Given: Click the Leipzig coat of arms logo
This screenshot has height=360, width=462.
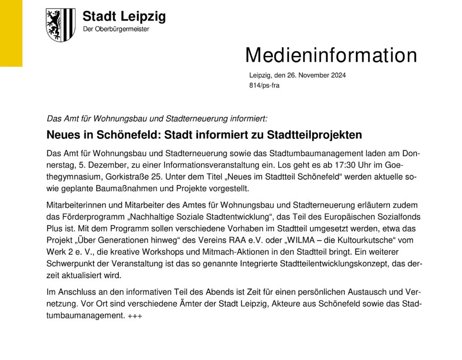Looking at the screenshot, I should pos(60,25).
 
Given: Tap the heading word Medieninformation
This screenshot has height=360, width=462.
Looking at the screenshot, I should pos(331,55).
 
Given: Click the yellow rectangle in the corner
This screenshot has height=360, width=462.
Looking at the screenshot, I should pos(11,33).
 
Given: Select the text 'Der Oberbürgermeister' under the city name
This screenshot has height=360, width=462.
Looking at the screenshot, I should pos(116,29).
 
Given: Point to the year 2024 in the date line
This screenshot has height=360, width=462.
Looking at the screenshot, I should pos(338,75).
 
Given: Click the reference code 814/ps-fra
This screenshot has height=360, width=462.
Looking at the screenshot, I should pos(264,85).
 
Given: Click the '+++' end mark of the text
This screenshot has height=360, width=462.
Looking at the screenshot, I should pos(135,316).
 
